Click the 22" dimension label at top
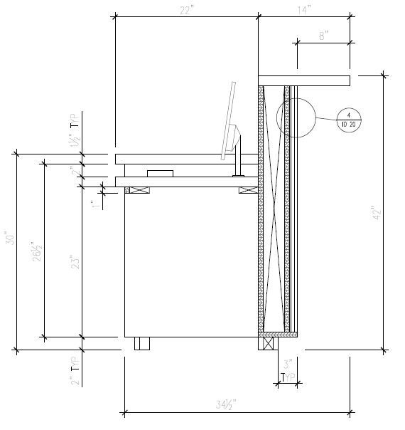click(x=187, y=11)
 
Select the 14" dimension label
click(x=305, y=10)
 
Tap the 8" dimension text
click(x=324, y=36)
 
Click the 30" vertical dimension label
click(x=10, y=238)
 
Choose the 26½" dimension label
click(x=37, y=251)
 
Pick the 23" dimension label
click(x=75, y=262)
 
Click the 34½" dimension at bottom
click(x=226, y=404)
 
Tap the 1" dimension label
click(x=95, y=204)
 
